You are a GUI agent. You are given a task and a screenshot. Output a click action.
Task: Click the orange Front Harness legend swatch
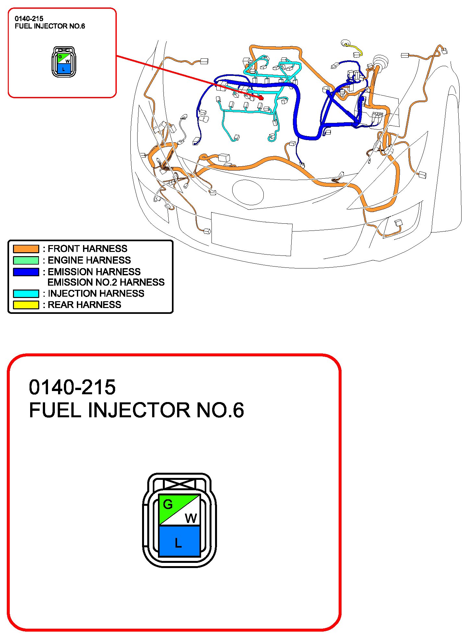point(26,249)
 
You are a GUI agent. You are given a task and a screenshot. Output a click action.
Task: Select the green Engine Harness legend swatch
point(26,260)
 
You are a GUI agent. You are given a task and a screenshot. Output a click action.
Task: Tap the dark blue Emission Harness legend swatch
point(26,272)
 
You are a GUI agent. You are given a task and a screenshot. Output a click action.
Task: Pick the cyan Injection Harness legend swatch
point(26,293)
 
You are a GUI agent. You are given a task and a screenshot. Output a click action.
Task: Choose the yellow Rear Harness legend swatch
point(26,305)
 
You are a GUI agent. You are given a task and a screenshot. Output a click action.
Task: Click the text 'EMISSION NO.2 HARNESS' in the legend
point(106,282)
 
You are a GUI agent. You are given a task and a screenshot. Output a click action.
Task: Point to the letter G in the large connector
point(168,504)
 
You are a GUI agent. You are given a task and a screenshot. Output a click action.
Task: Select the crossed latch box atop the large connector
point(179,484)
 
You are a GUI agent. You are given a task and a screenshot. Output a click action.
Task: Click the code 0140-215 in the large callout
point(72,387)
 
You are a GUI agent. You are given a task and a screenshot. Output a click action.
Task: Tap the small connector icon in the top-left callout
point(64,62)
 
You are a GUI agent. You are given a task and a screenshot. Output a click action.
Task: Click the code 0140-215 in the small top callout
point(29,19)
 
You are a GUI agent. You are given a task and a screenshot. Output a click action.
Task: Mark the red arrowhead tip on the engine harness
point(262,98)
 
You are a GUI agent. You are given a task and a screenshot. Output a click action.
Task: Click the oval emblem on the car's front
point(248,192)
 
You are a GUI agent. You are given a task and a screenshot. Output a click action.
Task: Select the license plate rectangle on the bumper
point(252,234)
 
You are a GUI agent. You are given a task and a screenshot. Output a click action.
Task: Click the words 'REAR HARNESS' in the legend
point(84,305)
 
